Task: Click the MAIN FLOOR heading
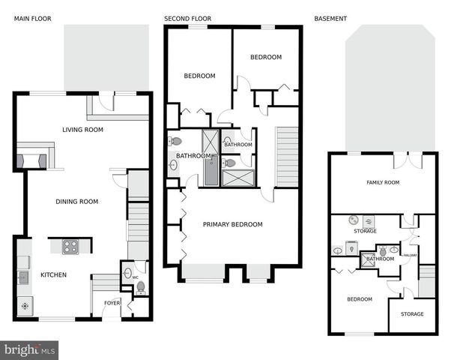click(33, 19)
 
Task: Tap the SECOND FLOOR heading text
click(187, 19)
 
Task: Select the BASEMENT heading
click(330, 19)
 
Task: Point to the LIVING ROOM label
click(82, 130)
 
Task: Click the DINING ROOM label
click(77, 201)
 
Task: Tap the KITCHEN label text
click(53, 274)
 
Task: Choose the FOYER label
click(112, 303)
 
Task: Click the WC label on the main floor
click(136, 277)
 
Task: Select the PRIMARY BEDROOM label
click(233, 224)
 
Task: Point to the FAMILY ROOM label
click(383, 182)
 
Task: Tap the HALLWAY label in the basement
click(410, 255)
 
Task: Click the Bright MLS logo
click(29, 349)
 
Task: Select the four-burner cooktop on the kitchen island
click(70, 245)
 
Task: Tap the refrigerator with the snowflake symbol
click(24, 306)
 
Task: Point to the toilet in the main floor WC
click(140, 286)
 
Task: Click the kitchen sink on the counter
click(24, 278)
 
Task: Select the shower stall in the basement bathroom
click(368, 259)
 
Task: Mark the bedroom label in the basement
click(359, 299)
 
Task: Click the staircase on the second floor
click(288, 157)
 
